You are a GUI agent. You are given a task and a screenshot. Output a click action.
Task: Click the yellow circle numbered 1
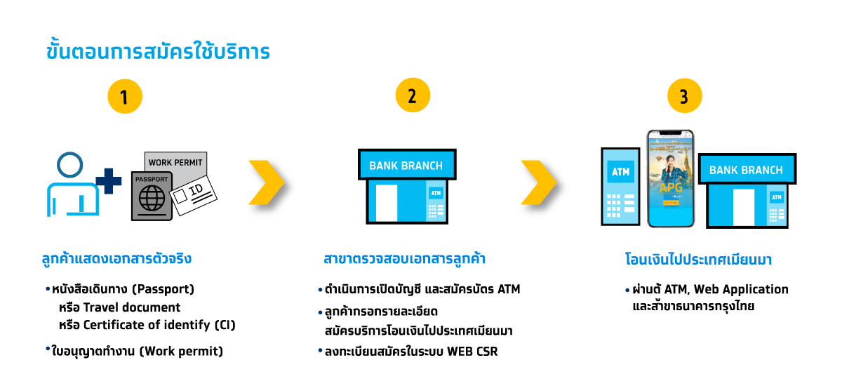click(125, 96)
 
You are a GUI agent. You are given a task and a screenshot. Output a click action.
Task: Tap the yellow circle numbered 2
click(413, 95)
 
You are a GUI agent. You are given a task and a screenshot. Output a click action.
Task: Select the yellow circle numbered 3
click(685, 95)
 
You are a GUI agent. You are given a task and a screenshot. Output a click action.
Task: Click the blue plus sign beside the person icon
click(109, 181)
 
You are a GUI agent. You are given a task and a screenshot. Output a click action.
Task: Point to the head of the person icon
click(70, 165)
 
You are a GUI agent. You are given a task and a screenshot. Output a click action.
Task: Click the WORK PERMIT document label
click(175, 163)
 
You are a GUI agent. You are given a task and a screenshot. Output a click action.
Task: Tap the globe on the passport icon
click(152, 198)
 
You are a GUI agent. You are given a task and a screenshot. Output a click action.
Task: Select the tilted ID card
click(193, 195)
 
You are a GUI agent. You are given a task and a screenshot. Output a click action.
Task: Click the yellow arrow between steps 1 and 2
click(267, 182)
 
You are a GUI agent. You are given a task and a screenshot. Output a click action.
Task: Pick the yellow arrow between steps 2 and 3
click(539, 182)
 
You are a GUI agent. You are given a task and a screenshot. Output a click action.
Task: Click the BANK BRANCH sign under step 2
click(407, 165)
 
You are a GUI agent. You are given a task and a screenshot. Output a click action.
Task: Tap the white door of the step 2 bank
click(387, 203)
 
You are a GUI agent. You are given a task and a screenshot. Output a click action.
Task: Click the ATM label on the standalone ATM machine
click(620, 172)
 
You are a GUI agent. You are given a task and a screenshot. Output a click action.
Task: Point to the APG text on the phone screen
click(671, 187)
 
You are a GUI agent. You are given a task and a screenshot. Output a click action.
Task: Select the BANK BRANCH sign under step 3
click(747, 169)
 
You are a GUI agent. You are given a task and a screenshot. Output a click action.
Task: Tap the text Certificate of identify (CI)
click(159, 325)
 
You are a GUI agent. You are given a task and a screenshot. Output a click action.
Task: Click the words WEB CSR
click(472, 352)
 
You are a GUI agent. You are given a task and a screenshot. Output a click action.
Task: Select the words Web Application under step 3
click(741, 289)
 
